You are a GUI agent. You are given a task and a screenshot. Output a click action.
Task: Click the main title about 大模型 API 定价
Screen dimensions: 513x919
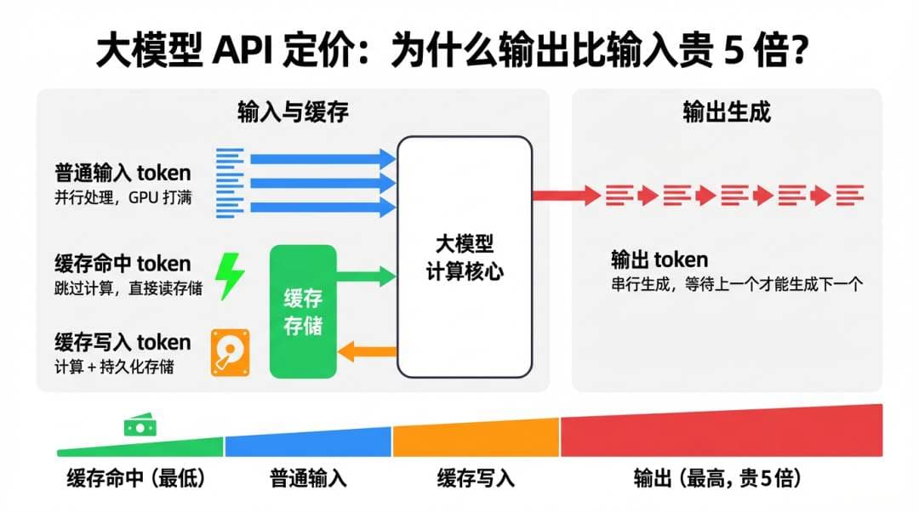451,53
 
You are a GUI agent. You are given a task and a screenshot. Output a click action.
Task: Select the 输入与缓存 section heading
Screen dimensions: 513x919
293,112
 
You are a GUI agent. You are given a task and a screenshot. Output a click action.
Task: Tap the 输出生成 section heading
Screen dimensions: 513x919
727,112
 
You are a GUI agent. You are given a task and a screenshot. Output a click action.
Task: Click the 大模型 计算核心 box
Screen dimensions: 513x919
465,257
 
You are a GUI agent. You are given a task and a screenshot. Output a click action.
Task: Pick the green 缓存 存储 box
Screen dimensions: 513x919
303,311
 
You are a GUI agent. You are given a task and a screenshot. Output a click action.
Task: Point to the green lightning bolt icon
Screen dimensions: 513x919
229,275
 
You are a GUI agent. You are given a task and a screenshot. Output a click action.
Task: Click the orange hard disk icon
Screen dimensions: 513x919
229,353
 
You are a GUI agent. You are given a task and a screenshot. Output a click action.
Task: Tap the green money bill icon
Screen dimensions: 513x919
138,426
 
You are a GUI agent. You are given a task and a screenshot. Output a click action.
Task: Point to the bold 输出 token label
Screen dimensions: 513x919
659,259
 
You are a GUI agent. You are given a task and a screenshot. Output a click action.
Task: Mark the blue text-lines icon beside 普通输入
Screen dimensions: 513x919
230,183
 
